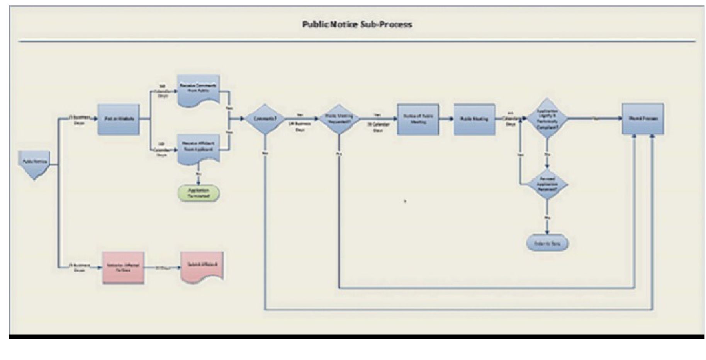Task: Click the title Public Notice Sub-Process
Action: click(x=356, y=24)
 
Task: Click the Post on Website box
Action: click(x=119, y=119)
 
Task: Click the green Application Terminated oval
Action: click(x=199, y=193)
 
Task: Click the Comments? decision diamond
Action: click(x=265, y=119)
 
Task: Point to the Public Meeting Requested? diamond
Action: click(x=339, y=119)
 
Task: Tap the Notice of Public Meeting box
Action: click(x=418, y=119)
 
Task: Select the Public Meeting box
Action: click(x=474, y=119)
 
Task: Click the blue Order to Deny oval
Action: click(x=547, y=243)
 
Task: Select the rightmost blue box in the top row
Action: click(x=643, y=119)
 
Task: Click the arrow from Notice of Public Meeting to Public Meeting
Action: click(x=446, y=119)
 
